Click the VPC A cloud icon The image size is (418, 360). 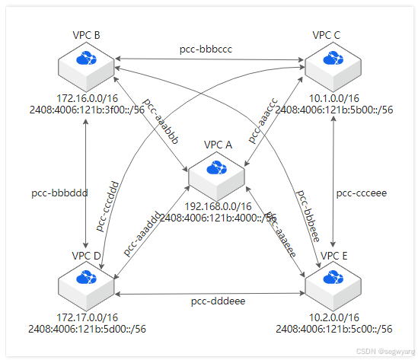(217, 168)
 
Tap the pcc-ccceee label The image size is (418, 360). (362, 193)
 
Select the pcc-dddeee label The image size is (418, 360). (217, 303)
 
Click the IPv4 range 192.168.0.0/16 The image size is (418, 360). (218, 205)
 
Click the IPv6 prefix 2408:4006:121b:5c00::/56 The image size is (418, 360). (334, 330)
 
